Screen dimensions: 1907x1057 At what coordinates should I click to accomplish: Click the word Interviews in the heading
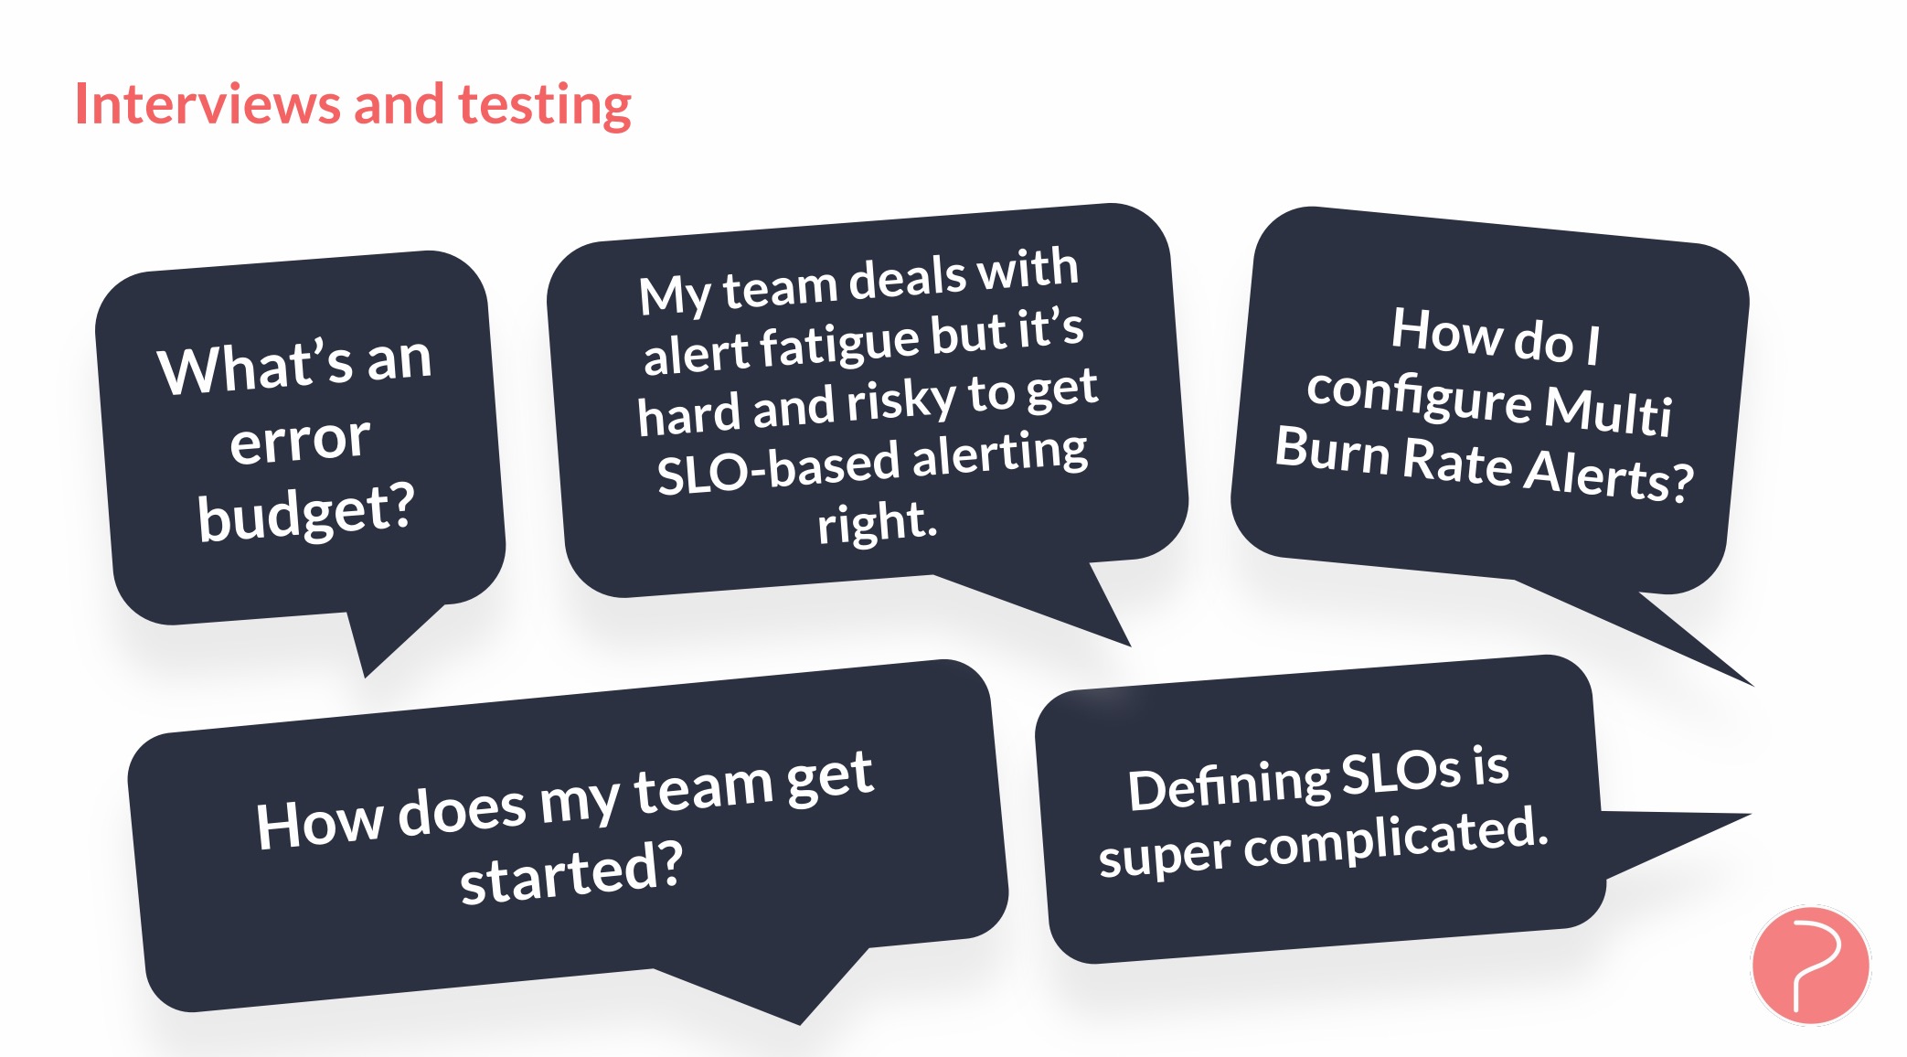(x=208, y=104)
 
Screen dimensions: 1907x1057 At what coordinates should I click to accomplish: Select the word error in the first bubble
(x=300, y=441)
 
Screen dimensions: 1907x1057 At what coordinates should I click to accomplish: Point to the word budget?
(x=306, y=512)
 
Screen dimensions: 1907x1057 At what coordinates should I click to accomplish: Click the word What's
(x=255, y=368)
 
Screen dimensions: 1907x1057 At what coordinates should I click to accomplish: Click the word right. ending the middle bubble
(x=878, y=523)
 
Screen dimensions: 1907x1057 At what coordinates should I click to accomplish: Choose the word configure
(x=1419, y=397)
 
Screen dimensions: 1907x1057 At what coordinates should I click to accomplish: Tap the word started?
(x=571, y=872)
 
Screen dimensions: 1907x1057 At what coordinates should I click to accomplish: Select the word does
(x=462, y=811)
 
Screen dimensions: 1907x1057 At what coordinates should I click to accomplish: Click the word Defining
(x=1228, y=785)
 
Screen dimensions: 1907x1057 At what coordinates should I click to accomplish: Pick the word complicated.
(x=1396, y=837)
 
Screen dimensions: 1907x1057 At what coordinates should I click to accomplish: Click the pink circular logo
(x=1810, y=966)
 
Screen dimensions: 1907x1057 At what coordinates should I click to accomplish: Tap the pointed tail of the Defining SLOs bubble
(x=1748, y=814)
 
